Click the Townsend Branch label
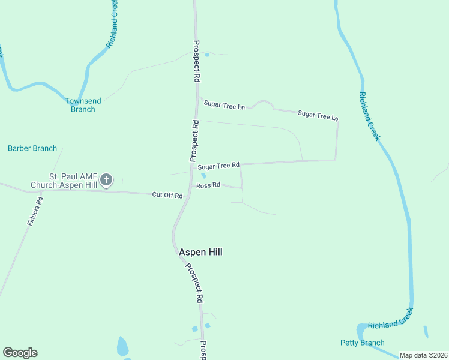[83, 105]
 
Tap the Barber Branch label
[32, 148]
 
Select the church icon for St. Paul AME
[106, 179]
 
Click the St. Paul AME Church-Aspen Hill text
[73, 181]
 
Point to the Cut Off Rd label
[167, 195]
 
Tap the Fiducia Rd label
[35, 212]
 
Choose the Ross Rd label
[208, 185]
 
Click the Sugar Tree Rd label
[218, 166]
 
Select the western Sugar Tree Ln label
[224, 105]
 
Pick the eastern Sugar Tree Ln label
[318, 115]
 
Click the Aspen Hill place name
[200, 252]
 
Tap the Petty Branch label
[362, 343]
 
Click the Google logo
[20, 353]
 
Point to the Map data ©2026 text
[423, 355]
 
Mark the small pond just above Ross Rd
[203, 176]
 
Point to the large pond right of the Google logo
[122, 347]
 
